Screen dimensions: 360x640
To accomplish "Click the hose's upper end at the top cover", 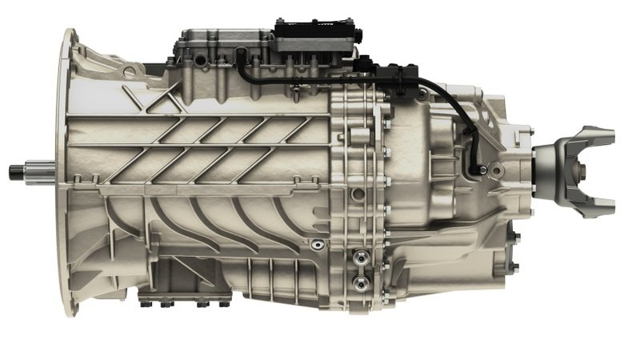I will pyautogui.click(x=240, y=54).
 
